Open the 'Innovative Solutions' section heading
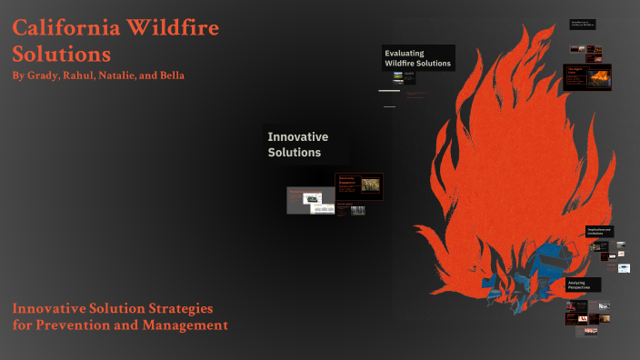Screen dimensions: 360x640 [x=298, y=144]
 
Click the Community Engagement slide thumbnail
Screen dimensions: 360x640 [x=358, y=185]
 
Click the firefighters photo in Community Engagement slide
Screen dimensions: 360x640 [x=370, y=185]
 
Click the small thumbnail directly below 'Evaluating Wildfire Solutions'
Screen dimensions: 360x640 [x=398, y=77]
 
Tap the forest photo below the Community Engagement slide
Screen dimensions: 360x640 [x=357, y=210]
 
